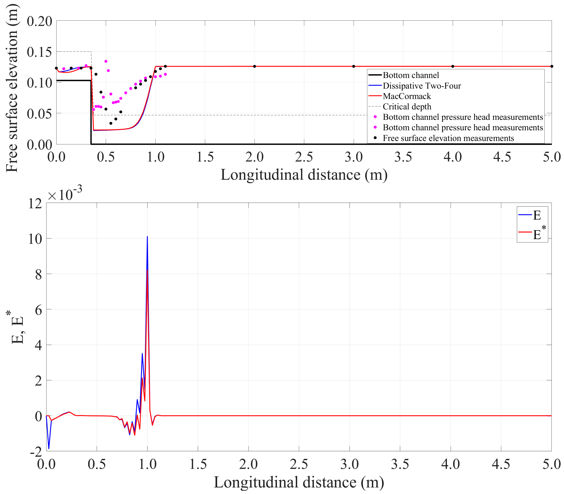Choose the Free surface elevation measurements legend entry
tap(448, 138)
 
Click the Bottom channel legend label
tap(411, 75)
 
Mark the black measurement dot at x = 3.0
tap(354, 66)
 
